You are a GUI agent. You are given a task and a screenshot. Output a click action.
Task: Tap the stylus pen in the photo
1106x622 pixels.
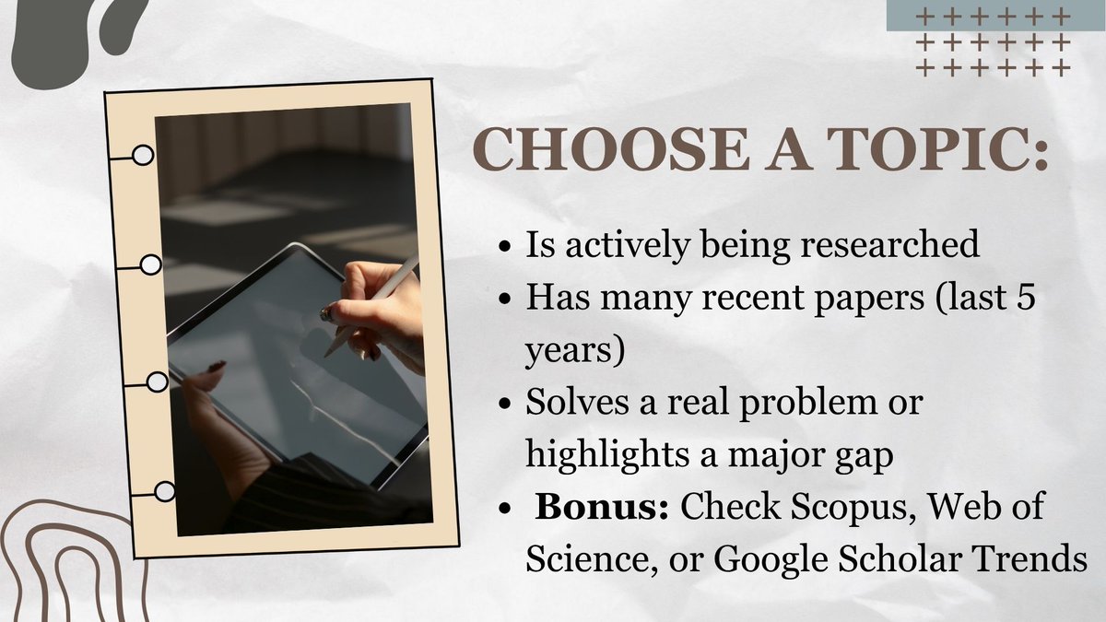coord(372,304)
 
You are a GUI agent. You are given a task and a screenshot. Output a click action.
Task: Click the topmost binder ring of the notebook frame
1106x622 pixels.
coord(142,155)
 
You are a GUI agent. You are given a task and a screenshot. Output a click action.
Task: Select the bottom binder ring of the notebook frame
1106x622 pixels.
coord(164,492)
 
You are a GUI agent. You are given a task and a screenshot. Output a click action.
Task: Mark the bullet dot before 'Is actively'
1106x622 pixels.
coord(504,248)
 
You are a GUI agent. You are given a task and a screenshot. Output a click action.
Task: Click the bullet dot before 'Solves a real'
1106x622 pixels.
coord(504,405)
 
